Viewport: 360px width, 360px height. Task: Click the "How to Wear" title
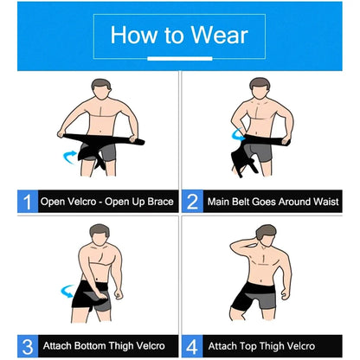click(179, 35)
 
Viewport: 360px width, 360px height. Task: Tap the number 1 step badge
click(28, 202)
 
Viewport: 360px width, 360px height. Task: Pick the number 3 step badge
click(28, 346)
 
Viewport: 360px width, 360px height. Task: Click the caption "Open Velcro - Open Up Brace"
click(107, 202)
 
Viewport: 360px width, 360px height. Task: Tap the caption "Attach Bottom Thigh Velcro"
click(107, 346)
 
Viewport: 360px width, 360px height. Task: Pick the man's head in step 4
click(265, 235)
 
